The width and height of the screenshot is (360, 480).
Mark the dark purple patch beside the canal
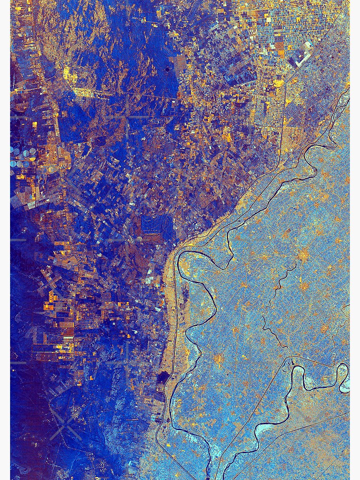163,377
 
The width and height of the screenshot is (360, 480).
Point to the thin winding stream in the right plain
274,307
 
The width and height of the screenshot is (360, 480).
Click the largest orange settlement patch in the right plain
302,254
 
